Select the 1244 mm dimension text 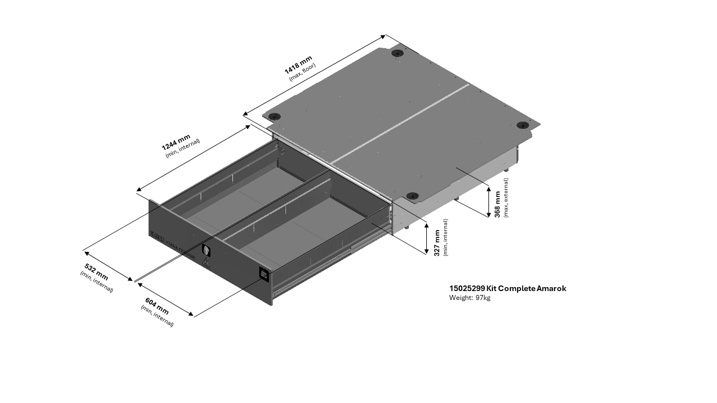tap(176, 142)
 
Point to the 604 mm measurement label tap(157, 306)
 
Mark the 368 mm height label tap(497, 204)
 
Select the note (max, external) tap(506, 198)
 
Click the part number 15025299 tap(467, 288)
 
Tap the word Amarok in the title tap(551, 288)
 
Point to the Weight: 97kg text tap(469, 298)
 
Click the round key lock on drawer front tap(206, 250)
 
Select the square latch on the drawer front tap(263, 274)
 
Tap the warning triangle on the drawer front tap(207, 263)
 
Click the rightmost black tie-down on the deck tap(522, 125)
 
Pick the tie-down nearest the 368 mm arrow tap(412, 196)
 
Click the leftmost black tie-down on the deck tap(274, 116)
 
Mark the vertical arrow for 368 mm tap(488, 202)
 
